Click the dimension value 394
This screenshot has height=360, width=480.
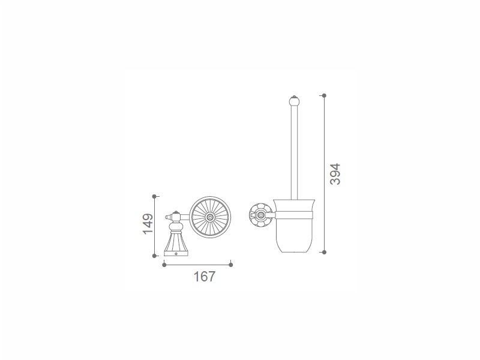[x=335, y=174]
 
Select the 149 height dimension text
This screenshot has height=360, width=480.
[x=148, y=224]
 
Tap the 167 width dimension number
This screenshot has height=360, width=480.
[x=205, y=277]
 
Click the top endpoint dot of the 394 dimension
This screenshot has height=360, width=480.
[x=324, y=95]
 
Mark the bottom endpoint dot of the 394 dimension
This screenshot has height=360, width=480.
[x=324, y=252]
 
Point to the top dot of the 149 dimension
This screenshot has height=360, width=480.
[x=154, y=196]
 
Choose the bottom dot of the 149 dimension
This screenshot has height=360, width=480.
[x=154, y=256]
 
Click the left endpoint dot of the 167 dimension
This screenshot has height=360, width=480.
[x=164, y=265]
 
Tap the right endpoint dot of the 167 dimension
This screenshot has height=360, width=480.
[x=231, y=265]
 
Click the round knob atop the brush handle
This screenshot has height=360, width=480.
[x=294, y=100]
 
